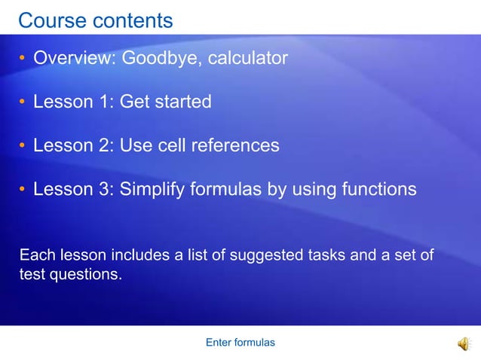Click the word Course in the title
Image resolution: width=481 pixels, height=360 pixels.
point(51,20)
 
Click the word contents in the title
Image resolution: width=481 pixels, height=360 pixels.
point(132,20)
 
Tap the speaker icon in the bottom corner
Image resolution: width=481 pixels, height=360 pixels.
point(464,343)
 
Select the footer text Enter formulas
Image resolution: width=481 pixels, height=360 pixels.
point(240,343)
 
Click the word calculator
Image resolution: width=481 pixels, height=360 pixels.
point(246,58)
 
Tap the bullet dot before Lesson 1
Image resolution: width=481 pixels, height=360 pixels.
point(23,102)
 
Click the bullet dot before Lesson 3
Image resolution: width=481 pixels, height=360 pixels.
point(23,189)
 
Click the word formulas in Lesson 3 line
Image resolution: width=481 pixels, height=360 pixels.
point(227,189)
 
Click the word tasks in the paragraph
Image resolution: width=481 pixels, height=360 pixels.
point(327,255)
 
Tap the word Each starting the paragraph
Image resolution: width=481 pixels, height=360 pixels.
point(34,255)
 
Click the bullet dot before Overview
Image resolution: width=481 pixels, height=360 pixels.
point(23,58)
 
